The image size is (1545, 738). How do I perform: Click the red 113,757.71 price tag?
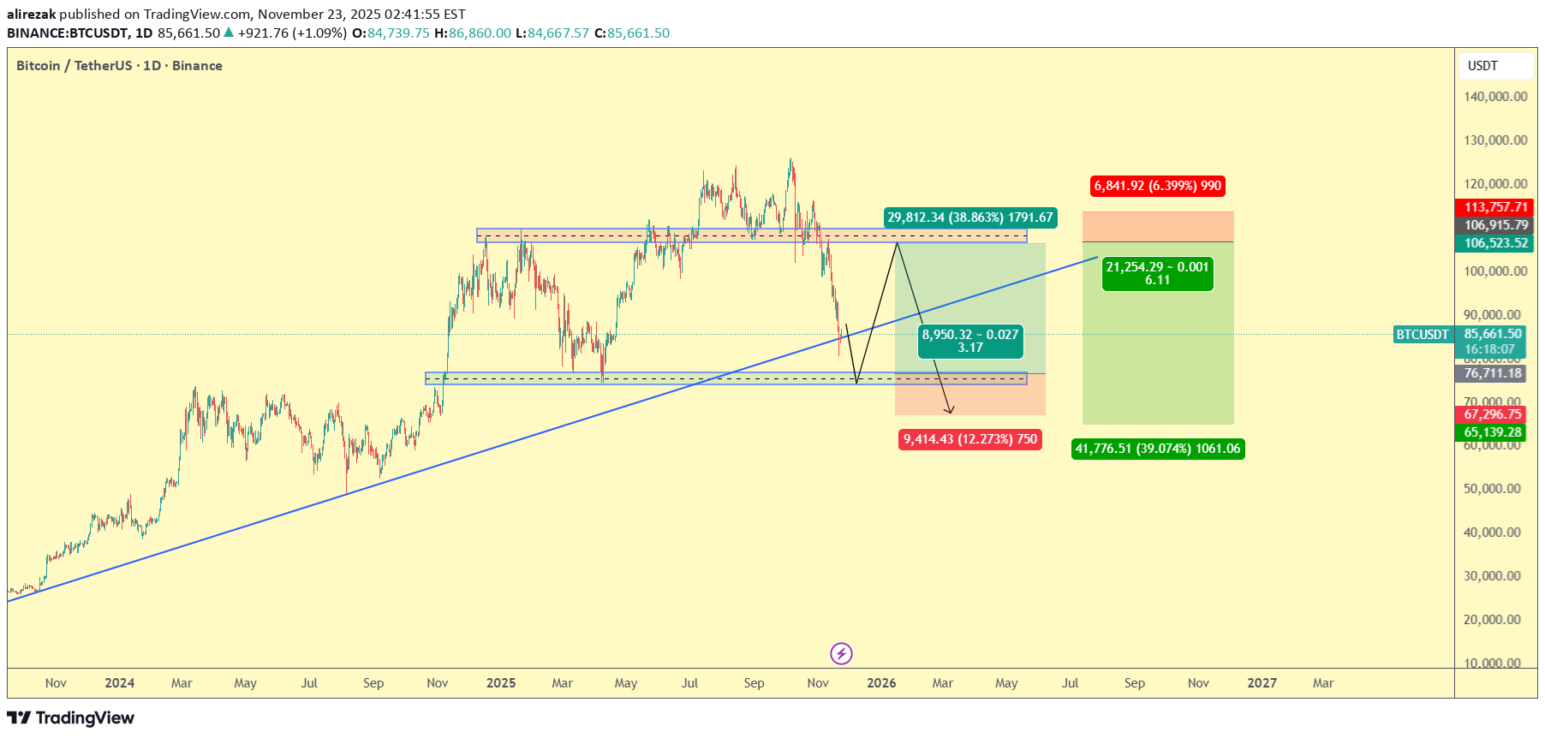1495,207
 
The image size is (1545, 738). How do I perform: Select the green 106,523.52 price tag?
1495,243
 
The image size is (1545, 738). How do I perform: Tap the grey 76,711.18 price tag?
1493,373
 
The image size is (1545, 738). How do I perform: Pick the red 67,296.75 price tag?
1493,414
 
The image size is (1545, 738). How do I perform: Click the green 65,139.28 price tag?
1493,432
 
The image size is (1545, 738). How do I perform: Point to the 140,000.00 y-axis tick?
1495,97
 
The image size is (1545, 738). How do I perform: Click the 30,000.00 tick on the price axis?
1492,576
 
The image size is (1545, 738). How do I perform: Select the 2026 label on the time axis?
881,683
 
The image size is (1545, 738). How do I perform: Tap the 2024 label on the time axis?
120,683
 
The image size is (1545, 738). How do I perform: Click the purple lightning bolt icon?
841,654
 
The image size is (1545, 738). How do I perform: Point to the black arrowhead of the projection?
950,410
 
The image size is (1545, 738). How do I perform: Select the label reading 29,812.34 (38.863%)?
969,217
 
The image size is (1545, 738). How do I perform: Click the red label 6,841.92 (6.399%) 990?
1157,186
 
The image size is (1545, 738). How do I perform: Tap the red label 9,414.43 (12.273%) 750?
969,439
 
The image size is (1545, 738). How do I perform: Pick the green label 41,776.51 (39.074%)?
1157,449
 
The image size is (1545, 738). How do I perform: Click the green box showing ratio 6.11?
1157,274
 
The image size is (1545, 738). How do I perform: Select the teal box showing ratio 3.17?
969,341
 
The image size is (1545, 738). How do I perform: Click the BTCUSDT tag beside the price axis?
1423,335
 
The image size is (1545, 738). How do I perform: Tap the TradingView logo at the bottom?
71,717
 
